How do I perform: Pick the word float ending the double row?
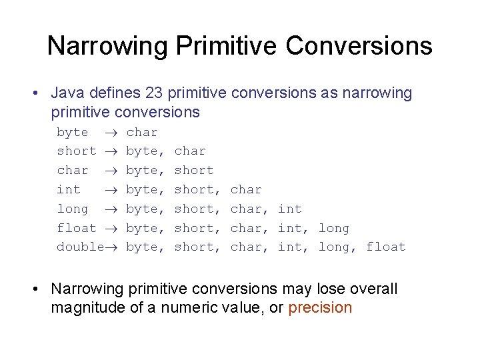pos(386,247)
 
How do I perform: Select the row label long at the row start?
pos(72,209)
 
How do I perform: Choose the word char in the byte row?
pos(142,133)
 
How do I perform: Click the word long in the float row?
pos(334,228)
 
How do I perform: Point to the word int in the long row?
pos(290,209)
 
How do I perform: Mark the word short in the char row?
pos(193,171)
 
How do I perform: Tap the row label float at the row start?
pos(76,228)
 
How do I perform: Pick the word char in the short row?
pos(190,151)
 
